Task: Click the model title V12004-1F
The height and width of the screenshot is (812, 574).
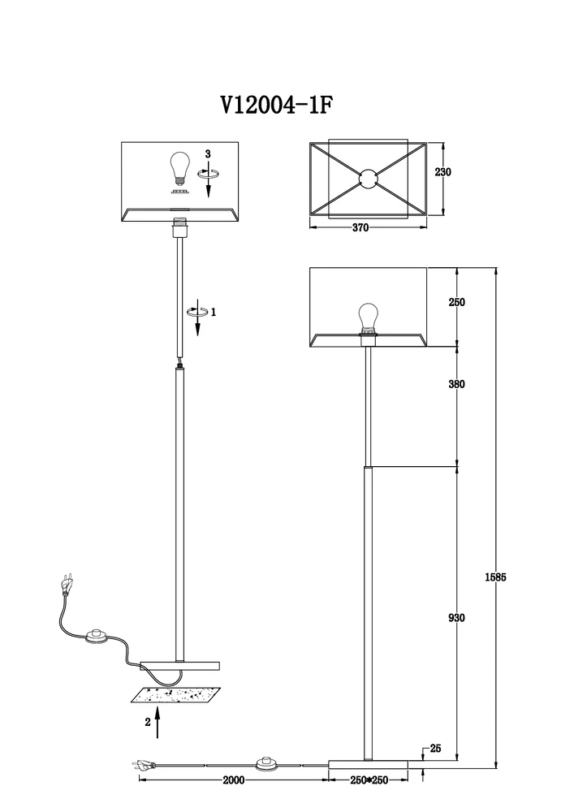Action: [276, 105]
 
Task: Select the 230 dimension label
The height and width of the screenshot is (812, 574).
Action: [443, 172]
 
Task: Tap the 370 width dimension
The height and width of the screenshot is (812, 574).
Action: [360, 228]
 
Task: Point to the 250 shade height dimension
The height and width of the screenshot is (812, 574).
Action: [456, 302]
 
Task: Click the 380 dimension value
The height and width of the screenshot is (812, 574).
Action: [456, 384]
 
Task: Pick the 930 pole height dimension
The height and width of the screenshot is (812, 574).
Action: [456, 618]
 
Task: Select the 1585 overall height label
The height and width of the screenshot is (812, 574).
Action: [495, 577]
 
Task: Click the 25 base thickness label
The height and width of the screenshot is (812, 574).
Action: [435, 749]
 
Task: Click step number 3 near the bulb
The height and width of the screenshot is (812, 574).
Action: [208, 153]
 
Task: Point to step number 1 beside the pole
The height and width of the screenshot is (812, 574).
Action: [214, 312]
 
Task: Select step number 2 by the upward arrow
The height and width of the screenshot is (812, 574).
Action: [148, 722]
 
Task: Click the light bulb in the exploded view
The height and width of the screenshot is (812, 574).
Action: [179, 168]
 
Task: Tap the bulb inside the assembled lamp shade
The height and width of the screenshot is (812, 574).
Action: [369, 318]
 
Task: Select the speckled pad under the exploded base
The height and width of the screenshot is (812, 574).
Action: [176, 696]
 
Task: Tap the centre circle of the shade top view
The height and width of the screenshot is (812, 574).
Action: [368, 179]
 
